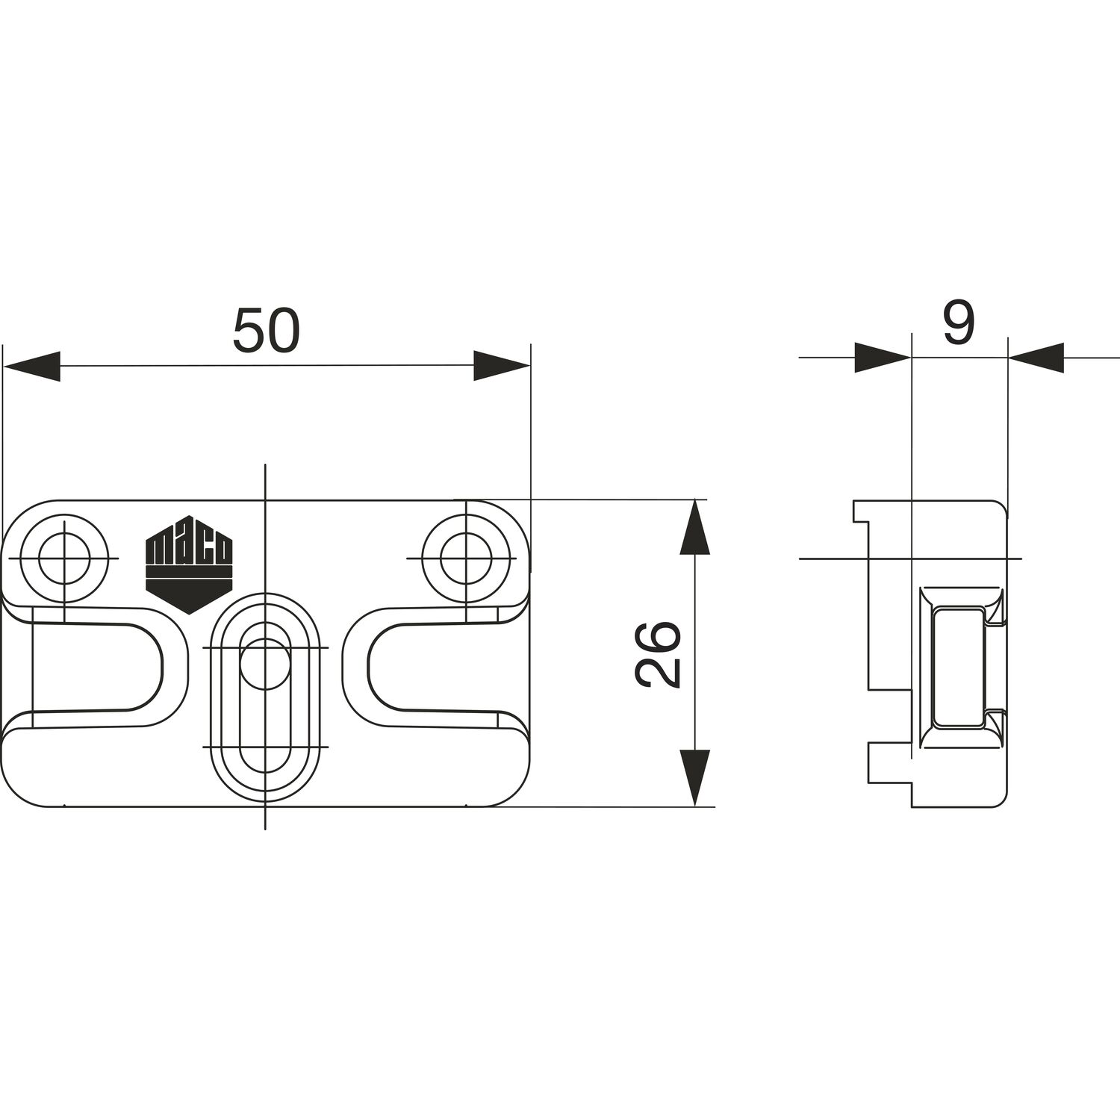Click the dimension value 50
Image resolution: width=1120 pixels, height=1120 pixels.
click(x=266, y=330)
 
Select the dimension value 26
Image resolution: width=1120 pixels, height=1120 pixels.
click(x=658, y=653)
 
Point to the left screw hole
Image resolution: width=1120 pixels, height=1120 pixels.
click(x=64, y=558)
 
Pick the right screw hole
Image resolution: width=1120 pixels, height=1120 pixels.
click(x=466, y=558)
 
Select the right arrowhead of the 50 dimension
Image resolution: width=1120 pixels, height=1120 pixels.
click(x=502, y=366)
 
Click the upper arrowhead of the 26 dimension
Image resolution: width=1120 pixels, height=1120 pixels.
click(x=694, y=528)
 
